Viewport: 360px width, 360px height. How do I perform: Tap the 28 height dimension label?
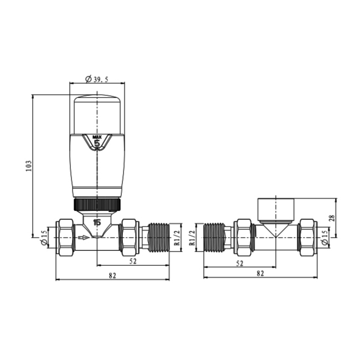click(331, 218)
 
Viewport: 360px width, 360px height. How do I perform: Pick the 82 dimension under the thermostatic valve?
click(112, 274)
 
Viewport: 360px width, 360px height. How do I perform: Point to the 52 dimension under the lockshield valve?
click(239, 263)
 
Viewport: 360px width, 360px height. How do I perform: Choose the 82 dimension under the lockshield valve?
click(260, 274)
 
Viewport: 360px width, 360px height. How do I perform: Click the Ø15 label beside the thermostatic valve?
click(45, 237)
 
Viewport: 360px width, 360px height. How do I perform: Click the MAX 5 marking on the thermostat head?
click(97, 142)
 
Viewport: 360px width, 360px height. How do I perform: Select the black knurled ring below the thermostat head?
click(97, 204)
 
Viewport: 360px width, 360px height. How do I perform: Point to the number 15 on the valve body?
click(97, 223)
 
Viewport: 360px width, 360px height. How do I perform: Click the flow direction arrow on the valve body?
click(83, 238)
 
